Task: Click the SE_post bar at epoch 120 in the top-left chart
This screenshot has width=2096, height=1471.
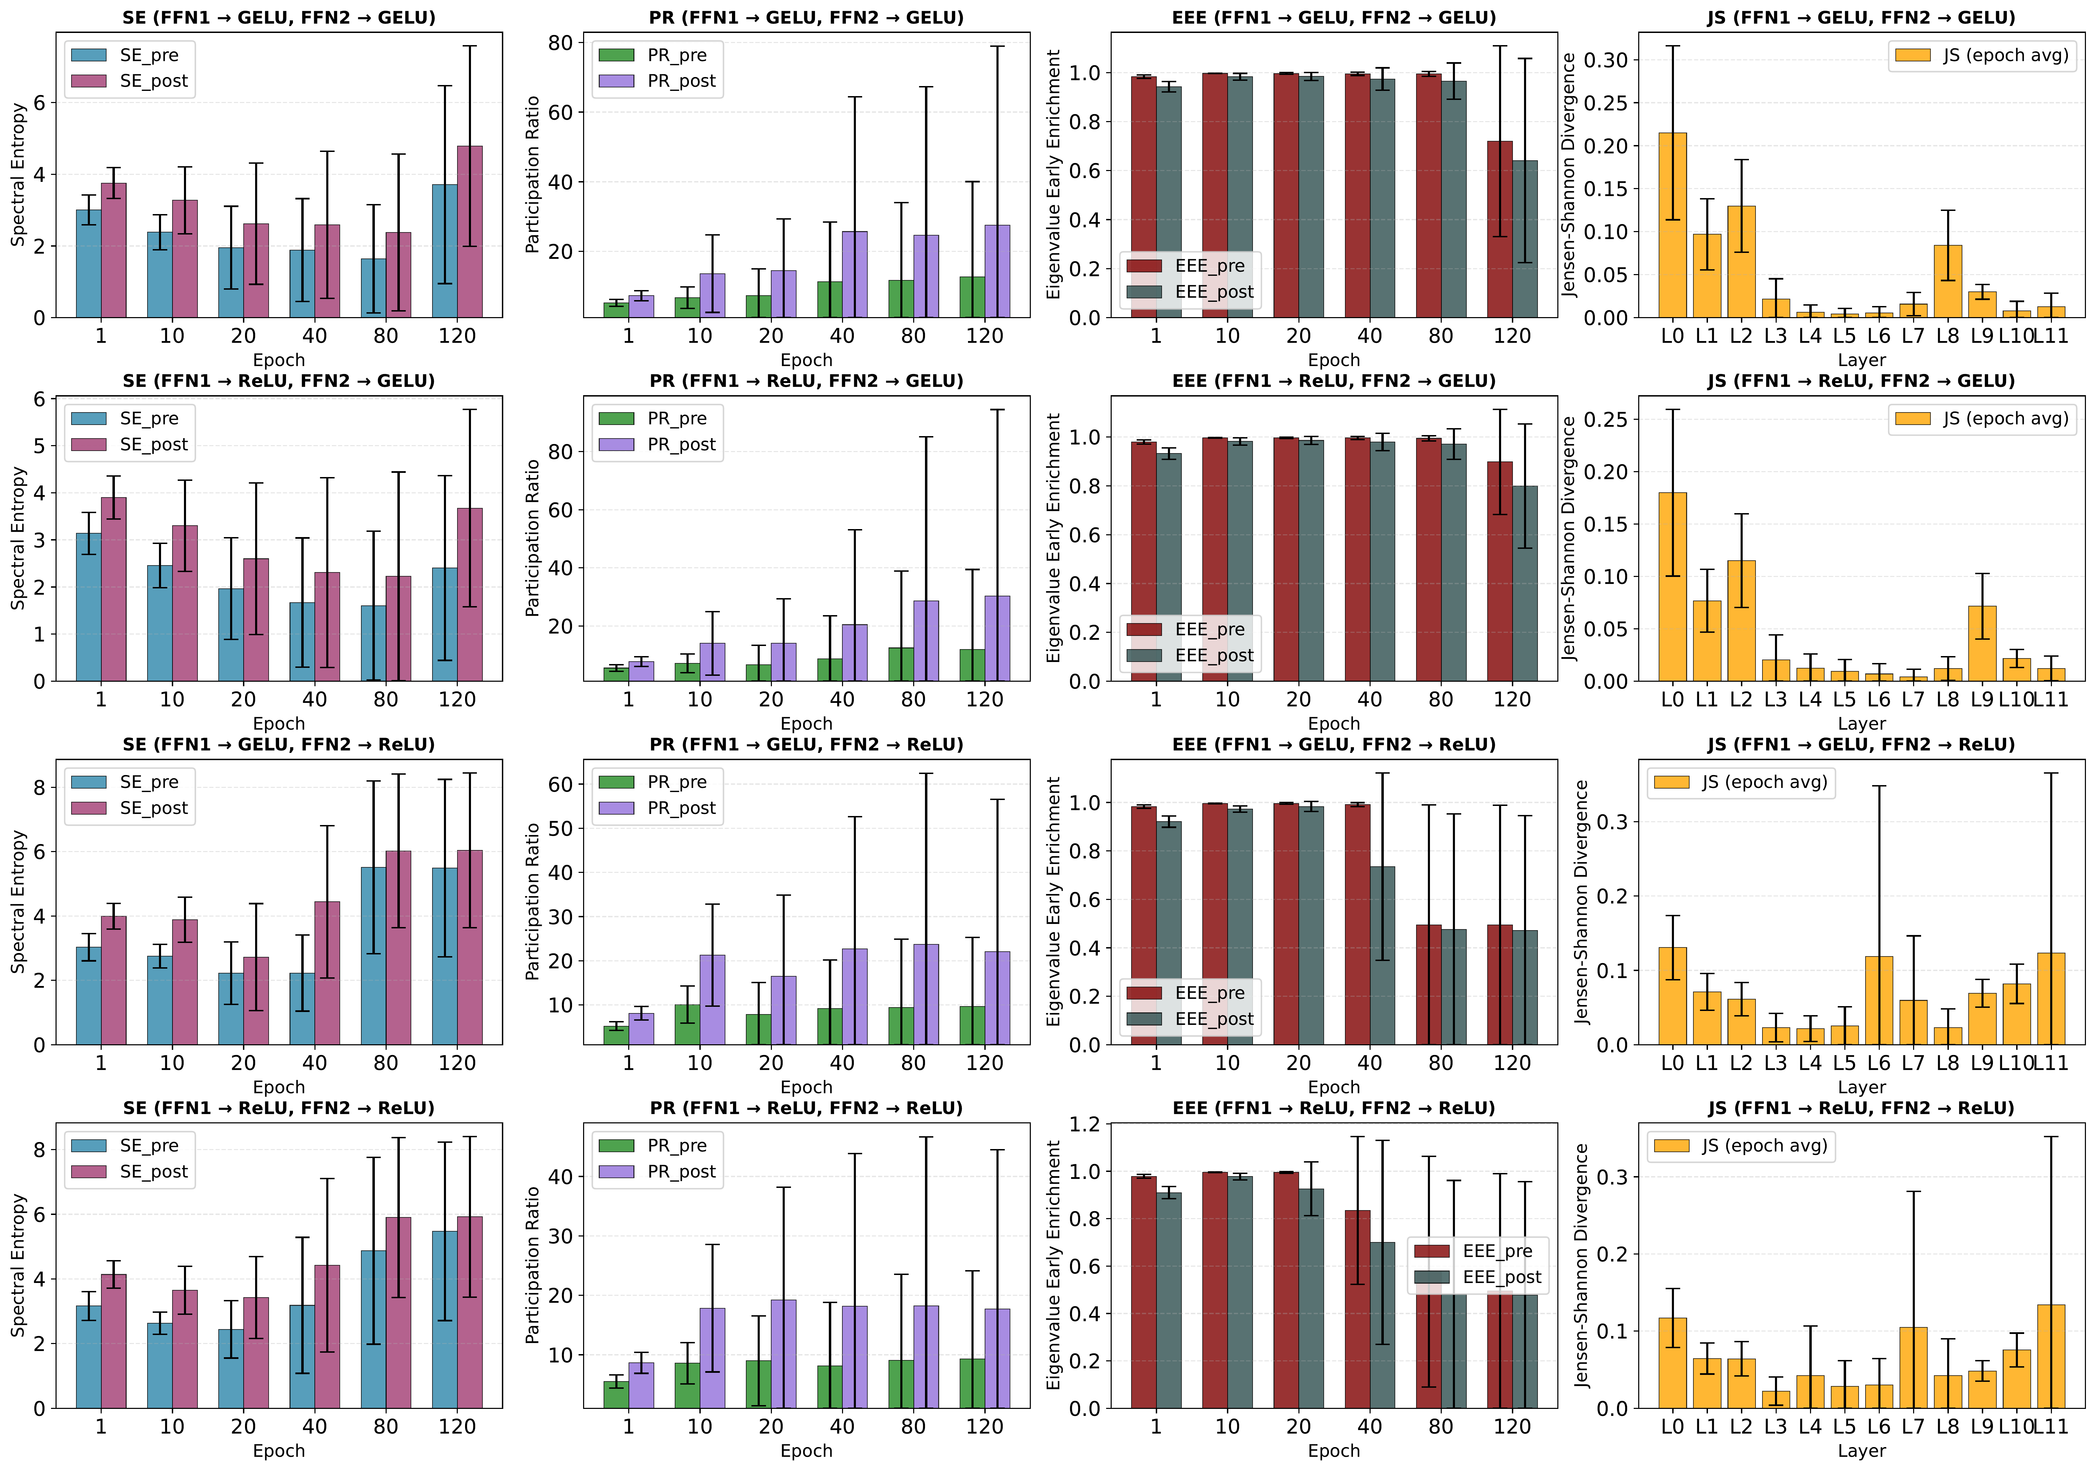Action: [x=469, y=233]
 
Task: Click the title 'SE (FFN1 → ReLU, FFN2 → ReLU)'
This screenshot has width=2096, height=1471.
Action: [x=278, y=1108]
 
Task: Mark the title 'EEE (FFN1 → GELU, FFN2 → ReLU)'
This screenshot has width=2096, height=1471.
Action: [x=1334, y=745]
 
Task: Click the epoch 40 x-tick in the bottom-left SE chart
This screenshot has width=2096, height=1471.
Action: [x=314, y=1426]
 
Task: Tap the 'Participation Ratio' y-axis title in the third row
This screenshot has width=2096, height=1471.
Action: [x=533, y=902]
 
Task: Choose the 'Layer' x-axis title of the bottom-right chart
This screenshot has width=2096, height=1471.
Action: [x=1861, y=1451]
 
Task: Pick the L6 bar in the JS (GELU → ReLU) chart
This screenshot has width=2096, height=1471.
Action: [x=1879, y=1000]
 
